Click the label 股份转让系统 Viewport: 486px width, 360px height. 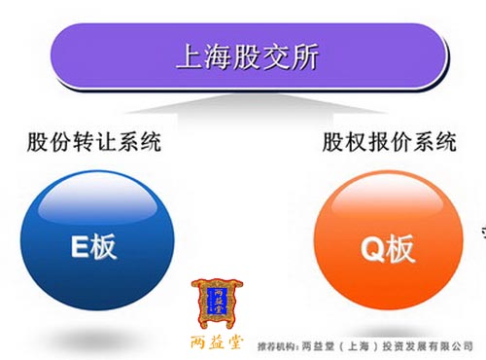click(94, 143)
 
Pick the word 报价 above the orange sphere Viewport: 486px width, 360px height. click(389, 143)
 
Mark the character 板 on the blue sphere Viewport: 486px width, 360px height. click(104, 247)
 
